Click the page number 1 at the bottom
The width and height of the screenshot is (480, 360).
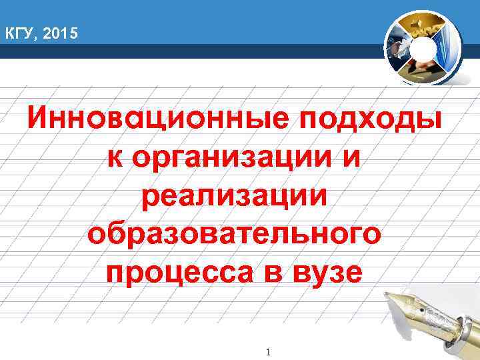(x=266, y=351)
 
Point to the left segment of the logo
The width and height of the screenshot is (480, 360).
(x=398, y=47)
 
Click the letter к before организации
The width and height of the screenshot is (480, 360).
(x=115, y=159)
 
